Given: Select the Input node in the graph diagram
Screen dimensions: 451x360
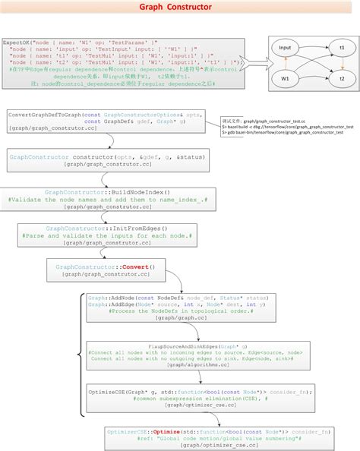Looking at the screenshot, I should [286, 48].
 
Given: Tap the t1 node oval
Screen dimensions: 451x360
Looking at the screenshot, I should [341, 48].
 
